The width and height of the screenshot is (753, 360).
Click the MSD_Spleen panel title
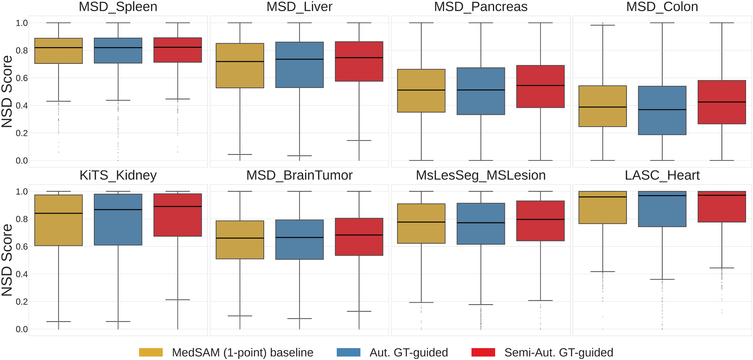(118, 7)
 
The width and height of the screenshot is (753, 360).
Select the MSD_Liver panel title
(299, 7)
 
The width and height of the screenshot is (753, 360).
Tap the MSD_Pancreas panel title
(480, 7)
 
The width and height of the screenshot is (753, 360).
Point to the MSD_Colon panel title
(662, 7)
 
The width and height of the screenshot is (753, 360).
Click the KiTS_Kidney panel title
(118, 175)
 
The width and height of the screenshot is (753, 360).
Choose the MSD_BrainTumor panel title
(299, 175)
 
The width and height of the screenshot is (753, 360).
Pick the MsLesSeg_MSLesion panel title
(480, 175)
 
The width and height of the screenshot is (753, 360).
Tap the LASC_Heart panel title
(662, 175)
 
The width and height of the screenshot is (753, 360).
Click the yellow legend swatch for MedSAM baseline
(151, 352)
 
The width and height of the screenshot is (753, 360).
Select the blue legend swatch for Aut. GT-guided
(348, 352)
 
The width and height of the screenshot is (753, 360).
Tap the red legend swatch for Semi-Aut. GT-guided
(483, 352)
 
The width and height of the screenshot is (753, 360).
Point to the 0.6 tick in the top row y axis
(22, 78)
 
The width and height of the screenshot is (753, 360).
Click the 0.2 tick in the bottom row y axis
(22, 302)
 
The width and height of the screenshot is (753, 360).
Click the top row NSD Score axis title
(7, 91)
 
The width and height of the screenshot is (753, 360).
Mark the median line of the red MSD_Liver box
(359, 58)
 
